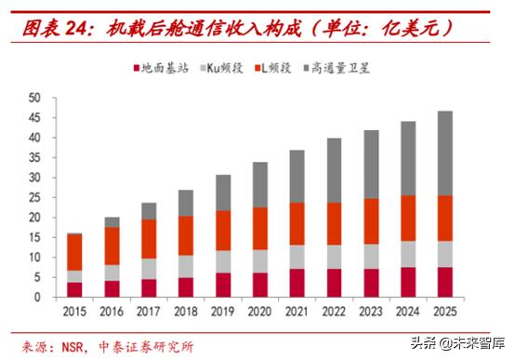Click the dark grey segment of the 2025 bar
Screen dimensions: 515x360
click(444, 153)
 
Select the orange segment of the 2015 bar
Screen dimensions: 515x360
click(74, 252)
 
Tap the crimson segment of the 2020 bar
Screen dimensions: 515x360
click(259, 285)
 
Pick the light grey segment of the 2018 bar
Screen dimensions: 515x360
click(186, 267)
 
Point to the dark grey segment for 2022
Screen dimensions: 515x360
click(334, 170)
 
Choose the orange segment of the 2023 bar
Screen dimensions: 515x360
click(371, 221)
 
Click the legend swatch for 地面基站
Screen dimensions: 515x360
click(137, 69)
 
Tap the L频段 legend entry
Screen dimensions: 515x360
click(273, 68)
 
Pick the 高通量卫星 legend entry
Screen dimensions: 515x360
click(337, 68)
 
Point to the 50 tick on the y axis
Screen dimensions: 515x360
click(34, 98)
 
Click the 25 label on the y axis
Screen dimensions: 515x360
click(34, 197)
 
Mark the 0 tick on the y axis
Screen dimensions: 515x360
click(37, 297)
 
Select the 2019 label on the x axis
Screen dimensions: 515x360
click(223, 312)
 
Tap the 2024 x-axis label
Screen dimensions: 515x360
click(407, 312)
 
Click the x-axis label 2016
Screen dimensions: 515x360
click(112, 312)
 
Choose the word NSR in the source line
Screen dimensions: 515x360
click(73, 347)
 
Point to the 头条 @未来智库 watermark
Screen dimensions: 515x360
click(458, 343)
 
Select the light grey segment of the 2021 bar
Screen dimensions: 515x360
click(297, 257)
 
